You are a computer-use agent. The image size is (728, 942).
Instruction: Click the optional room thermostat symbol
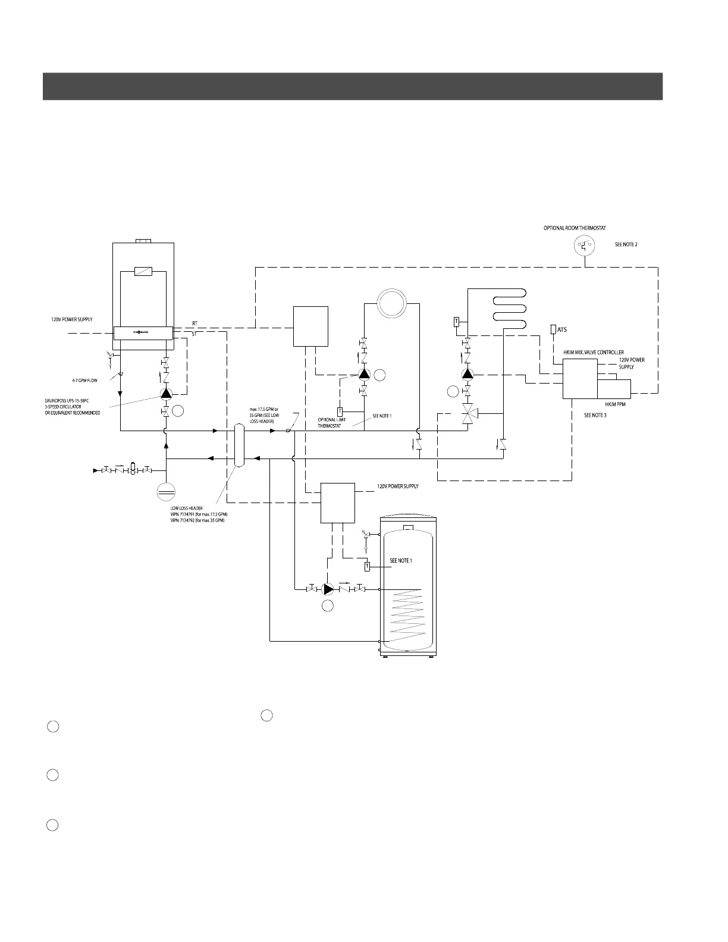coord(585,244)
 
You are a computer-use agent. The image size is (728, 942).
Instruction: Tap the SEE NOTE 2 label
coord(626,244)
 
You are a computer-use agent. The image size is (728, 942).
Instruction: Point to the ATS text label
coord(562,329)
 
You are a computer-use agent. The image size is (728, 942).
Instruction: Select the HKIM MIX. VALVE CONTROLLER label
coord(594,353)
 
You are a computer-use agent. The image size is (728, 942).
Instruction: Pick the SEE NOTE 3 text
coord(596,415)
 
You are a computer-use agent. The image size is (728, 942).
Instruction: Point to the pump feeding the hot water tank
coord(328,589)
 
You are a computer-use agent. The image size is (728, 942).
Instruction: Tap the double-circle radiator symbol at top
coord(392,303)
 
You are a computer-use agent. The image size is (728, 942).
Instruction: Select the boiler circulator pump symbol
coord(166,394)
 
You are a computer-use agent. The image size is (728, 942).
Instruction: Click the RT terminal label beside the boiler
coord(195,324)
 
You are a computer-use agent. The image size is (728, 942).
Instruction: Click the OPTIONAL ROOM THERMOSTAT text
coord(575,228)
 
